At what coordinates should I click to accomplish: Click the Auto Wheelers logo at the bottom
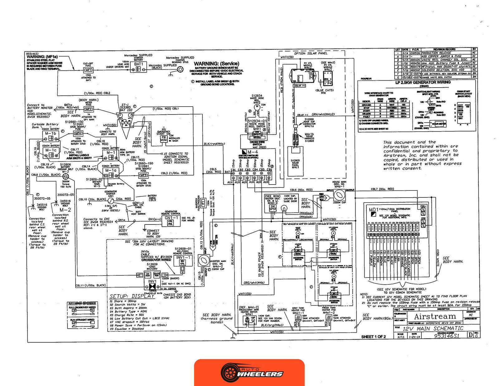[249, 372]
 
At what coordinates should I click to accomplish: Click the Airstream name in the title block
[435, 316]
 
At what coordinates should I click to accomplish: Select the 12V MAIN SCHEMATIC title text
[433, 328]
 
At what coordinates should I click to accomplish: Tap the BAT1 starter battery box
[138, 66]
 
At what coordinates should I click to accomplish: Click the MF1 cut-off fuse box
[88, 70]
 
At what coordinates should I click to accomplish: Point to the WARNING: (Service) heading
[216, 64]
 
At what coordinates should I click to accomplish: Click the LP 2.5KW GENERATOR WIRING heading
[423, 82]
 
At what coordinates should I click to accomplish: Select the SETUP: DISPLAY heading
[132, 296]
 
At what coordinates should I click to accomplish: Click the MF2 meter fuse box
[89, 109]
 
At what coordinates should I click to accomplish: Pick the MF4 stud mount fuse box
[78, 133]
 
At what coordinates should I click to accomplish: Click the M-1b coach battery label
[51, 133]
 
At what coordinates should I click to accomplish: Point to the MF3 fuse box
[143, 175]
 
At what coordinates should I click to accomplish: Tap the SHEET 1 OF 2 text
[373, 337]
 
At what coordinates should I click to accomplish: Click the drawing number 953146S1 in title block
[447, 336]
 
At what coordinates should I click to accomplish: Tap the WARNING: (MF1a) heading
[42, 57]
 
